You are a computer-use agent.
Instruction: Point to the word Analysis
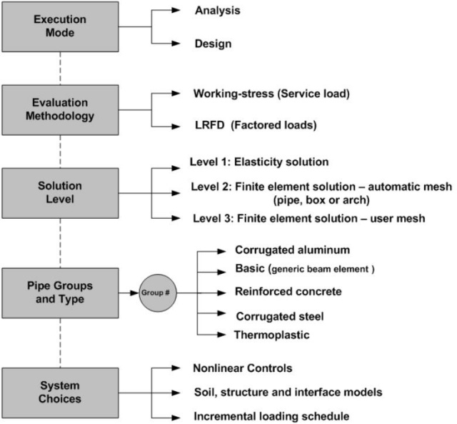[x=218, y=11]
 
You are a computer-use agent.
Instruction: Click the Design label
[x=213, y=44]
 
